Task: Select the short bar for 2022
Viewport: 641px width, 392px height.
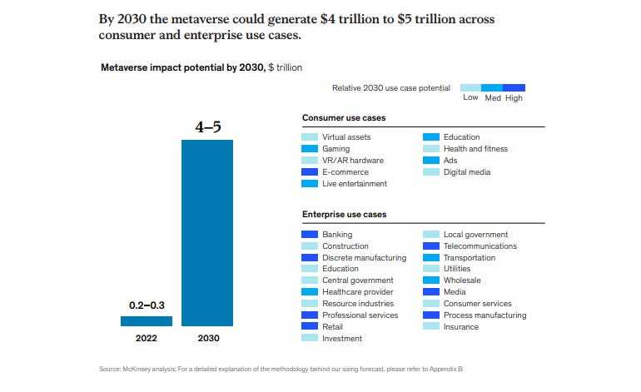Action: [x=147, y=321]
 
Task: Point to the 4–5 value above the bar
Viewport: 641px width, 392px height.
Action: [x=206, y=127]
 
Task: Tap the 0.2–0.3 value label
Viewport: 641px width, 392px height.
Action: [x=146, y=305]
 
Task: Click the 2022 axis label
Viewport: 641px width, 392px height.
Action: [x=146, y=340]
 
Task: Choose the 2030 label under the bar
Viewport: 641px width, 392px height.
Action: [x=206, y=340]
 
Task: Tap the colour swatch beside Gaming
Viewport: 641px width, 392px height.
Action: [x=310, y=149]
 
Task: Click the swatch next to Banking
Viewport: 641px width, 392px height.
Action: [x=310, y=235]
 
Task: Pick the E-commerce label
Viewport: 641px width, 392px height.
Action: [x=345, y=172]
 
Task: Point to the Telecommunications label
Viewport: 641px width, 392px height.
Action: [x=480, y=246]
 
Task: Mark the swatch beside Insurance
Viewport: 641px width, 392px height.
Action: [x=431, y=327]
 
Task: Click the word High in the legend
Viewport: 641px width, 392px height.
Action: [x=514, y=98]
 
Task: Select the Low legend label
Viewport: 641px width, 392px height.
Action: [x=470, y=98]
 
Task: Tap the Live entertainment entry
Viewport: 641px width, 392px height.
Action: [x=355, y=184]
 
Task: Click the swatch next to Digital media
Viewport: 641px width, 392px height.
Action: [x=431, y=172]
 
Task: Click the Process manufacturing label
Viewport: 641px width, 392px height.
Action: [x=484, y=315]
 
